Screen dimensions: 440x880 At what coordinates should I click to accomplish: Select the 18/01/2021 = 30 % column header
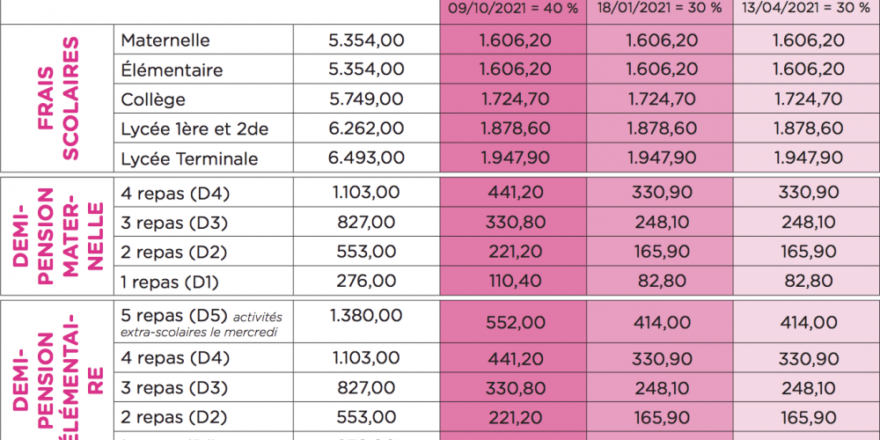pos(660,8)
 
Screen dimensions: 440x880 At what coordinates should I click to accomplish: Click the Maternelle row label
pos(165,40)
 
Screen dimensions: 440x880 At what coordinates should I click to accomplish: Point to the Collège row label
pos(153,99)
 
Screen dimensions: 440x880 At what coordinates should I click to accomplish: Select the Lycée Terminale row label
pos(189,158)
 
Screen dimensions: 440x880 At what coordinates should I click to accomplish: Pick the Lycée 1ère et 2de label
pos(194,128)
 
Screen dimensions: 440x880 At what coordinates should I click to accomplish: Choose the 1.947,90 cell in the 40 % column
pos(515,158)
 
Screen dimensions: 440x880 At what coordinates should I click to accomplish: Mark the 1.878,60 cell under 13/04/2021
pos(807,128)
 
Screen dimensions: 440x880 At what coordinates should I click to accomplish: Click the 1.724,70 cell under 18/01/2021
pos(660,99)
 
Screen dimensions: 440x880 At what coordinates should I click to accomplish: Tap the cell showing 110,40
pos(515,282)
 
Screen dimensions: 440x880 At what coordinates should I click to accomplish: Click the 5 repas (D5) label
pos(174,315)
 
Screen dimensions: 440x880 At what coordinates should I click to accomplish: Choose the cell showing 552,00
pos(515,323)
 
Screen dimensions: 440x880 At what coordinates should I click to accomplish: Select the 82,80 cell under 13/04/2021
pos(807,282)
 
